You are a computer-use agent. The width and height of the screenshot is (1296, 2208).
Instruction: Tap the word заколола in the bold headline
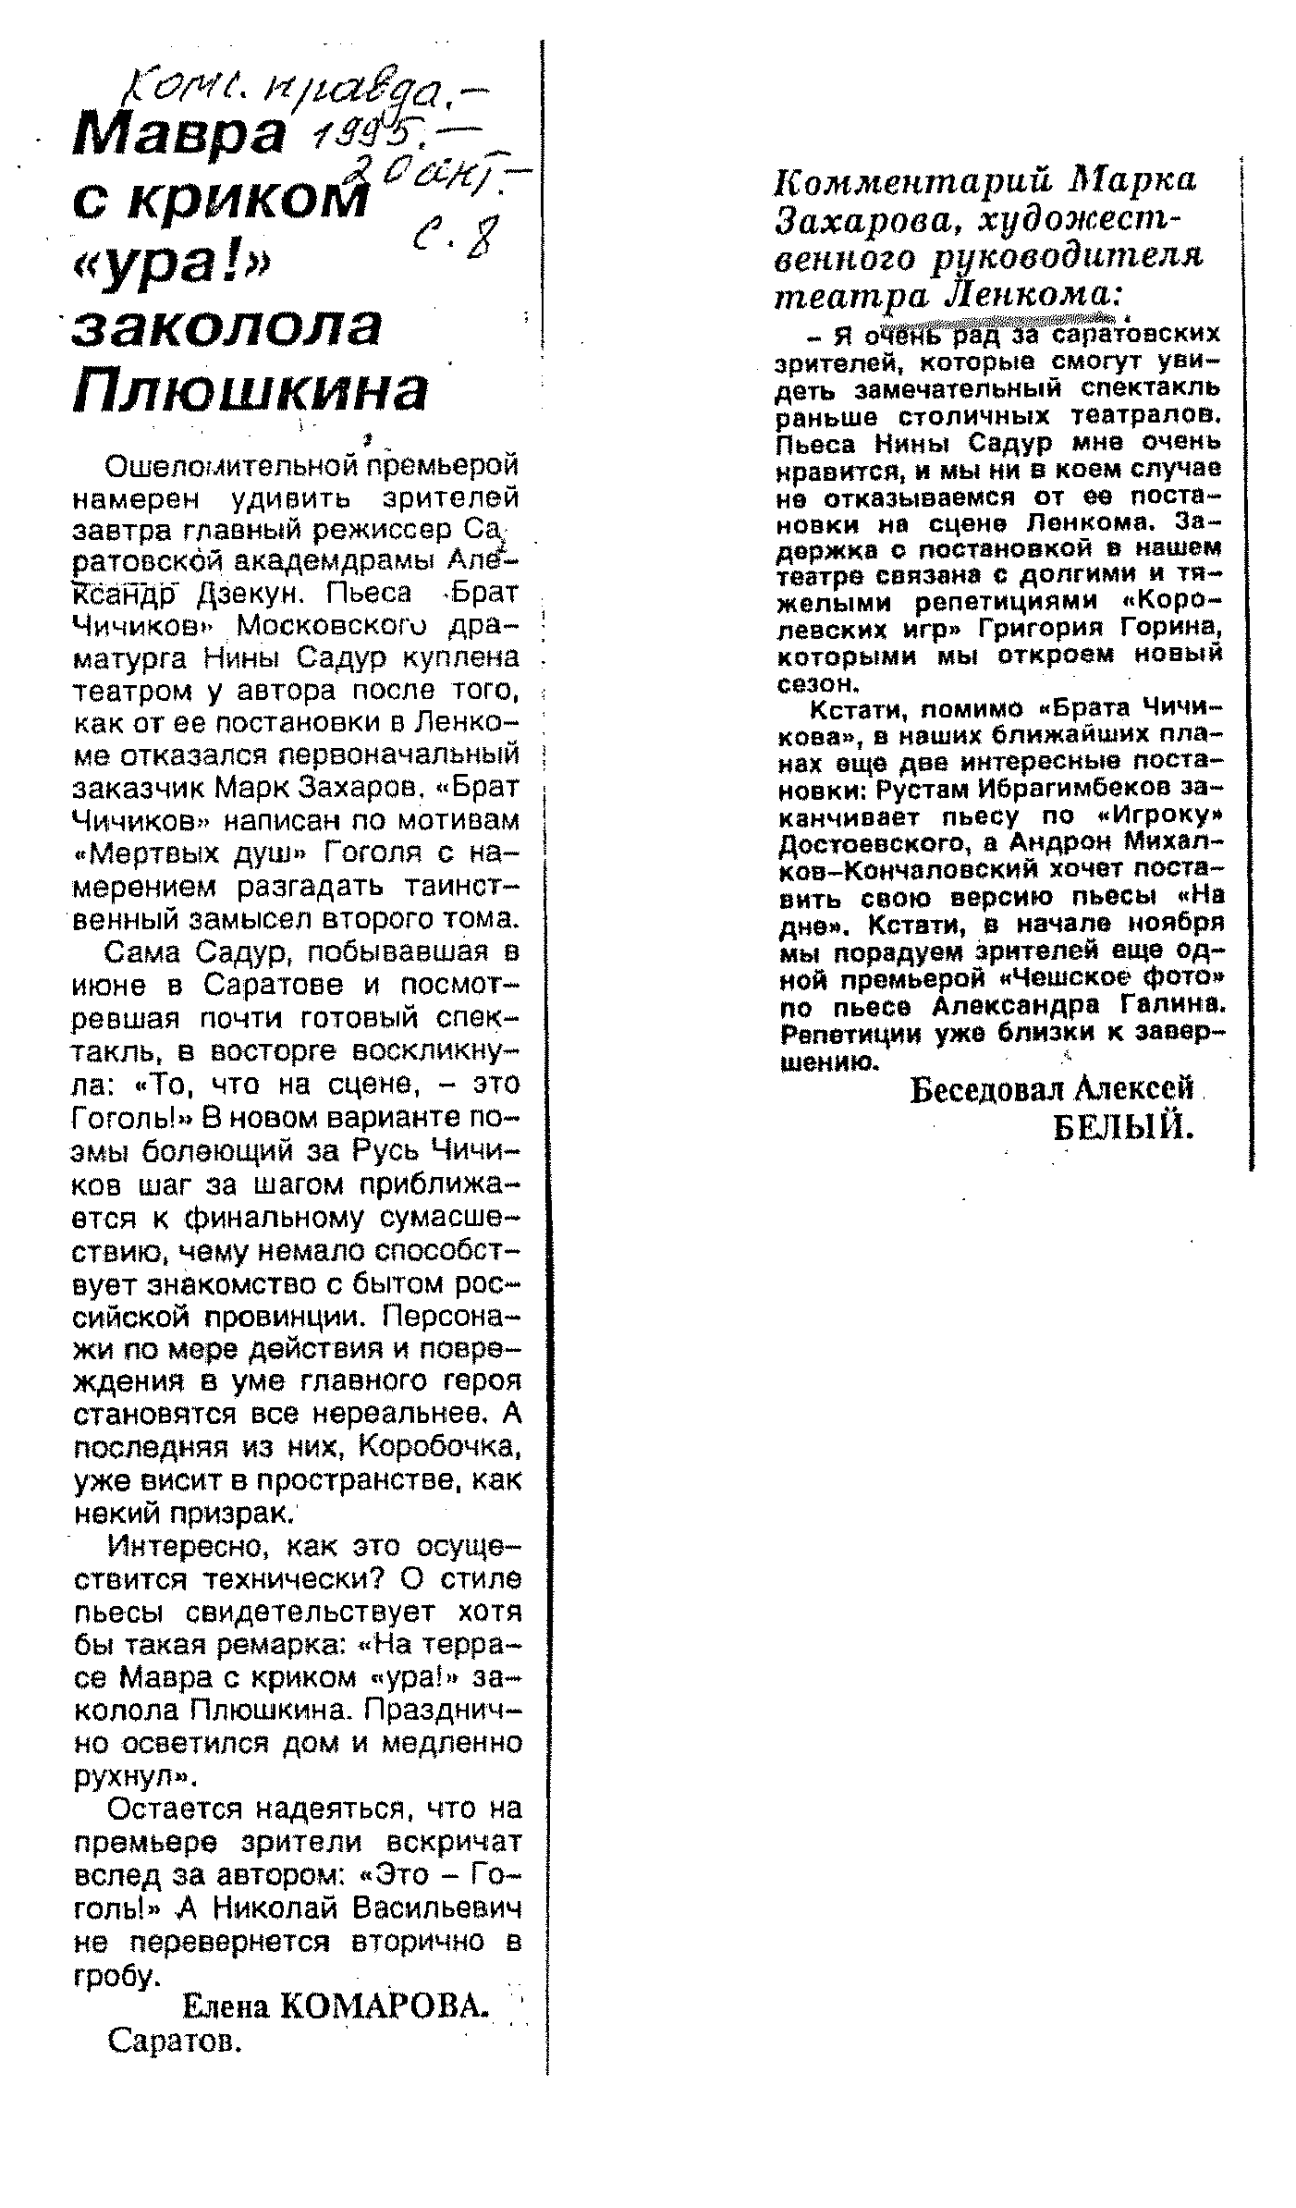pos(227,328)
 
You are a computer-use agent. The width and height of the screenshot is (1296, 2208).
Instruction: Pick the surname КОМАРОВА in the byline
pos(383,2006)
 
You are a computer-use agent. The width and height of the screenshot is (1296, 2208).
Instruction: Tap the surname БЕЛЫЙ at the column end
pos(1124,1126)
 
